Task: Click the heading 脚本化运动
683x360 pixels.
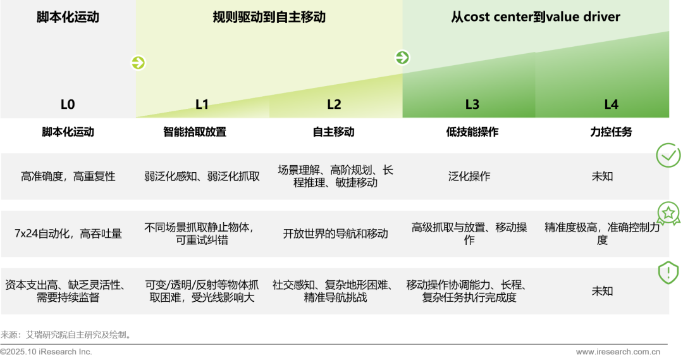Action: tap(68, 17)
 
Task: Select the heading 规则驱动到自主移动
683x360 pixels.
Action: tap(269, 17)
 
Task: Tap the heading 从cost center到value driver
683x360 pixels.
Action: tap(536, 17)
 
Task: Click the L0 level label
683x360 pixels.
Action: tap(68, 104)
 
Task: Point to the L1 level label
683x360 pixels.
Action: tap(202, 104)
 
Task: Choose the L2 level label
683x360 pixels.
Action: tap(334, 104)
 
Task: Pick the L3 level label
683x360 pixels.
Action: tap(472, 104)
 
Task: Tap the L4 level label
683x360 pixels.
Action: tap(611, 104)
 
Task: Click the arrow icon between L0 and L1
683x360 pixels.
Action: tap(138, 63)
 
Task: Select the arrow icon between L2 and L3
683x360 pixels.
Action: tap(402, 58)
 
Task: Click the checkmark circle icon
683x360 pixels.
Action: tap(668, 155)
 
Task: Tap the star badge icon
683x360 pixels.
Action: tap(668, 213)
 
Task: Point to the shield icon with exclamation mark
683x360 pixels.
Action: tap(668, 273)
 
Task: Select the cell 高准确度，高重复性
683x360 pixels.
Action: tap(68, 177)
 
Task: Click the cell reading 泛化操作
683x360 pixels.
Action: tap(469, 177)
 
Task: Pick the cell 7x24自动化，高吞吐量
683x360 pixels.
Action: tap(68, 233)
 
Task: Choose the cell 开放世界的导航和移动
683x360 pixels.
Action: tap(335, 233)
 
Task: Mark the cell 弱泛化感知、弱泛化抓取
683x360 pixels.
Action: tap(202, 177)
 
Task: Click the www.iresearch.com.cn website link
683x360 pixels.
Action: tap(618, 352)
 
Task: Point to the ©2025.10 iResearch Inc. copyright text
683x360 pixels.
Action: tap(46, 352)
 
